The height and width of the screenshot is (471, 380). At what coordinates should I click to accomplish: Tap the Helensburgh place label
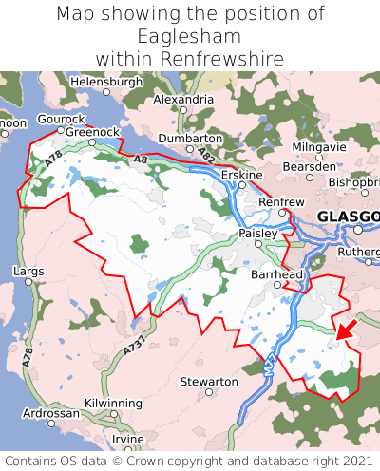(105, 82)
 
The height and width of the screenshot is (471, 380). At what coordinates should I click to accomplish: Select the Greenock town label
(91, 133)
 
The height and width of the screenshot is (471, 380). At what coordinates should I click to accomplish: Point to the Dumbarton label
(190, 138)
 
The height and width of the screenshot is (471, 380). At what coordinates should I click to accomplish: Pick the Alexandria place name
(182, 99)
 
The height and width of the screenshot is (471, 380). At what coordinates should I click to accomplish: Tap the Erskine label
(239, 176)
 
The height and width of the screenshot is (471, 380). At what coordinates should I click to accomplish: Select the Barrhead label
(275, 273)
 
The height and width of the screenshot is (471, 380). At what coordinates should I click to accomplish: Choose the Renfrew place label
(281, 202)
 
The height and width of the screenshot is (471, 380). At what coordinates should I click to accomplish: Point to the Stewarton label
(209, 381)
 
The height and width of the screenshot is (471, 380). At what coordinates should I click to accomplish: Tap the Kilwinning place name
(112, 404)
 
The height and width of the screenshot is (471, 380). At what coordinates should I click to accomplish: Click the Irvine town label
(128, 440)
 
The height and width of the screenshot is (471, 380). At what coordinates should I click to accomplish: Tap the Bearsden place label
(310, 166)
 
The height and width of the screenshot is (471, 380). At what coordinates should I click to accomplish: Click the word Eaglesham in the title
(189, 36)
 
